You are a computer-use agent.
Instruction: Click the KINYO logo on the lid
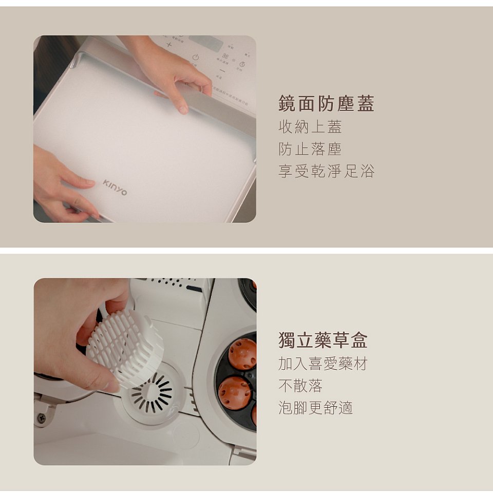coord(115,187)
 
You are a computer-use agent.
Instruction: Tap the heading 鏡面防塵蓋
coord(326,104)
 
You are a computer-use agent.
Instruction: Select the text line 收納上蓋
coord(310,127)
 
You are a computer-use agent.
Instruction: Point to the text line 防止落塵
coord(310,149)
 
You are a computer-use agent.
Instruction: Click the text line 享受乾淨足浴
coord(326,171)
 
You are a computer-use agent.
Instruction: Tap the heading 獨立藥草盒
coord(323,340)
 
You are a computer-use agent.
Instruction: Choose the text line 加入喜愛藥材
coord(323,364)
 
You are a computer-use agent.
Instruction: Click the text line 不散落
coord(300,386)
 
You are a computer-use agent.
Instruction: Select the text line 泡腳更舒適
coord(315,408)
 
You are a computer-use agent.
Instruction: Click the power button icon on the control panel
coord(195,57)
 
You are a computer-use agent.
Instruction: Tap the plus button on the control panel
coord(169,45)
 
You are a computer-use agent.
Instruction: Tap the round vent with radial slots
coord(153,393)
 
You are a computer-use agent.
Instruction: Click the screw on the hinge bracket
coord(42,418)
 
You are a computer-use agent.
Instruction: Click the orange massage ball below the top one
coord(234,392)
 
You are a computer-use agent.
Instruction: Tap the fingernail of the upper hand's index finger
coord(182,109)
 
